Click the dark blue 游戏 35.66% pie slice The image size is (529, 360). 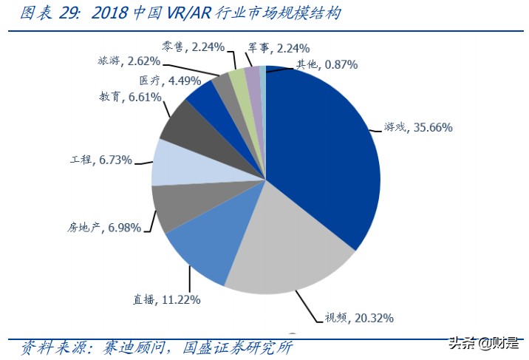coord(325,148)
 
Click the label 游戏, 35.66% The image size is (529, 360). coord(418,127)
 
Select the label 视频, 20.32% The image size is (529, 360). coord(359,318)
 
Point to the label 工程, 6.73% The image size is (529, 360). coord(100,160)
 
